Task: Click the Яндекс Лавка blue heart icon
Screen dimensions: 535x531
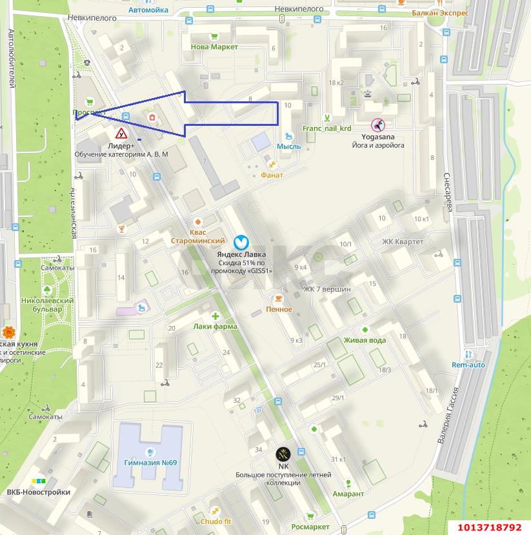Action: click(x=241, y=242)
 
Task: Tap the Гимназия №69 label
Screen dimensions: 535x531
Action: click(x=150, y=463)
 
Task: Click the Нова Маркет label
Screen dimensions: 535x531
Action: click(x=214, y=46)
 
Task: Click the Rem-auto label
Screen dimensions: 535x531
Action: click(x=468, y=365)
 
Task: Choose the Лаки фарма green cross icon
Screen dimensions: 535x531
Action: click(x=215, y=316)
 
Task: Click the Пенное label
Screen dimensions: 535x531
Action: click(x=279, y=309)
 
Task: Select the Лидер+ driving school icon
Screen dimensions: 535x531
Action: click(x=121, y=134)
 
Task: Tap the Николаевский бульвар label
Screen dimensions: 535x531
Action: click(x=47, y=305)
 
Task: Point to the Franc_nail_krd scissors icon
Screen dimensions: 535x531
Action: click(x=327, y=117)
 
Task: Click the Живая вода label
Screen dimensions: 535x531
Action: click(x=365, y=340)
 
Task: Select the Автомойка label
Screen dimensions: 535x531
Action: click(x=148, y=10)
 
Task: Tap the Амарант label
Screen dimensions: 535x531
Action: click(x=348, y=494)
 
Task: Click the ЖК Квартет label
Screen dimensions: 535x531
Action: click(x=403, y=241)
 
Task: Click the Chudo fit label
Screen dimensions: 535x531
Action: click(x=215, y=521)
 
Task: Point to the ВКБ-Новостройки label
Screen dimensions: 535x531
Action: click(x=38, y=492)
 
